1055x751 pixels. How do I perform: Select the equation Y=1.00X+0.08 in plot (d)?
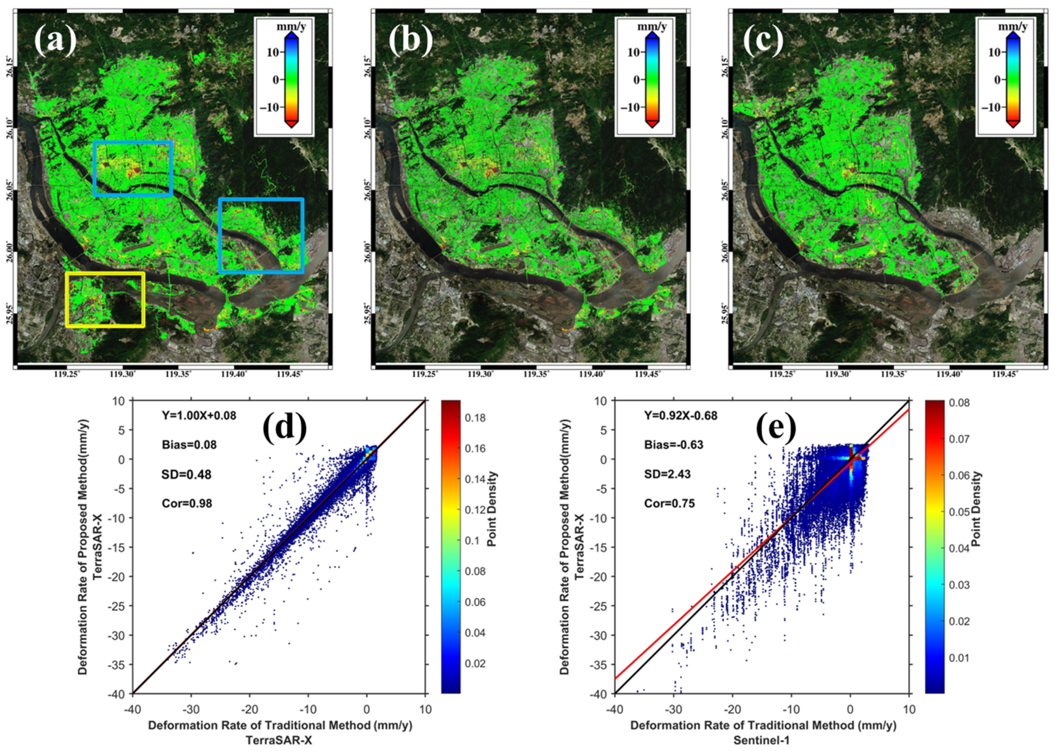(199, 415)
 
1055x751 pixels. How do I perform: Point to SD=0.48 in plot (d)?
(186, 474)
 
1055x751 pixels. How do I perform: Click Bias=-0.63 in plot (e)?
(674, 444)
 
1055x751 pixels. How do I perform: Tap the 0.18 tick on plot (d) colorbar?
(475, 418)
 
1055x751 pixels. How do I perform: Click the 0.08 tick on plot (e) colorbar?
(959, 403)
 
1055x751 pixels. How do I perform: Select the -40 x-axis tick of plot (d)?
(132, 709)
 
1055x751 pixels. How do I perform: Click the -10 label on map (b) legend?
(632, 107)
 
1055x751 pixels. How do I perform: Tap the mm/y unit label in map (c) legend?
(1013, 27)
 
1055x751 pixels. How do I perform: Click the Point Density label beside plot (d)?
(492, 509)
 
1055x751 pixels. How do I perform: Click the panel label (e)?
(776, 427)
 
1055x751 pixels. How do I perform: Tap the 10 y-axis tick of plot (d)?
(119, 401)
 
